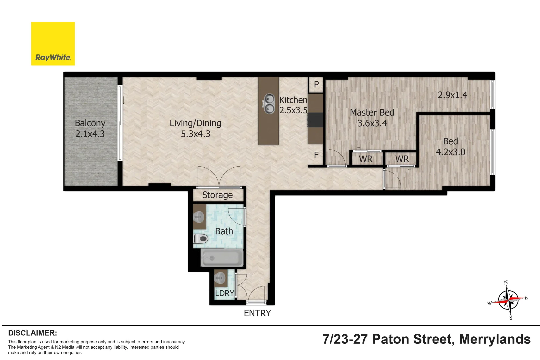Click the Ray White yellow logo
pyautogui.click(x=53, y=44)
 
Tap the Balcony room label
pyautogui.click(x=90, y=123)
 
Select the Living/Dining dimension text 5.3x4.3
pyautogui.click(x=195, y=134)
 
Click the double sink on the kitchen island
pyautogui.click(x=269, y=104)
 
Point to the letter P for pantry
pyautogui.click(x=316, y=85)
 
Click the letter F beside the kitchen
pyautogui.click(x=316, y=155)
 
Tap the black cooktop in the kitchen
pyautogui.click(x=316, y=120)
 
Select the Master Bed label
pyautogui.click(x=372, y=113)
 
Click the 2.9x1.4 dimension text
pyautogui.click(x=452, y=95)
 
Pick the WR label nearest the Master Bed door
pyautogui.click(x=366, y=159)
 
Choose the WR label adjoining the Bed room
pyautogui.click(x=402, y=159)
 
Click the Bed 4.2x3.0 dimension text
pyautogui.click(x=450, y=152)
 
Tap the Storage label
pyautogui.click(x=217, y=195)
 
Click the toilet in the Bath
pyautogui.click(x=201, y=239)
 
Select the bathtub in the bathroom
pyautogui.click(x=222, y=258)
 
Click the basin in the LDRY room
pyautogui.click(x=220, y=278)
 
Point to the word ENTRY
pyautogui.click(x=257, y=313)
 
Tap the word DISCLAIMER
pyautogui.click(x=32, y=333)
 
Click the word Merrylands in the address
pyautogui.click(x=495, y=339)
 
